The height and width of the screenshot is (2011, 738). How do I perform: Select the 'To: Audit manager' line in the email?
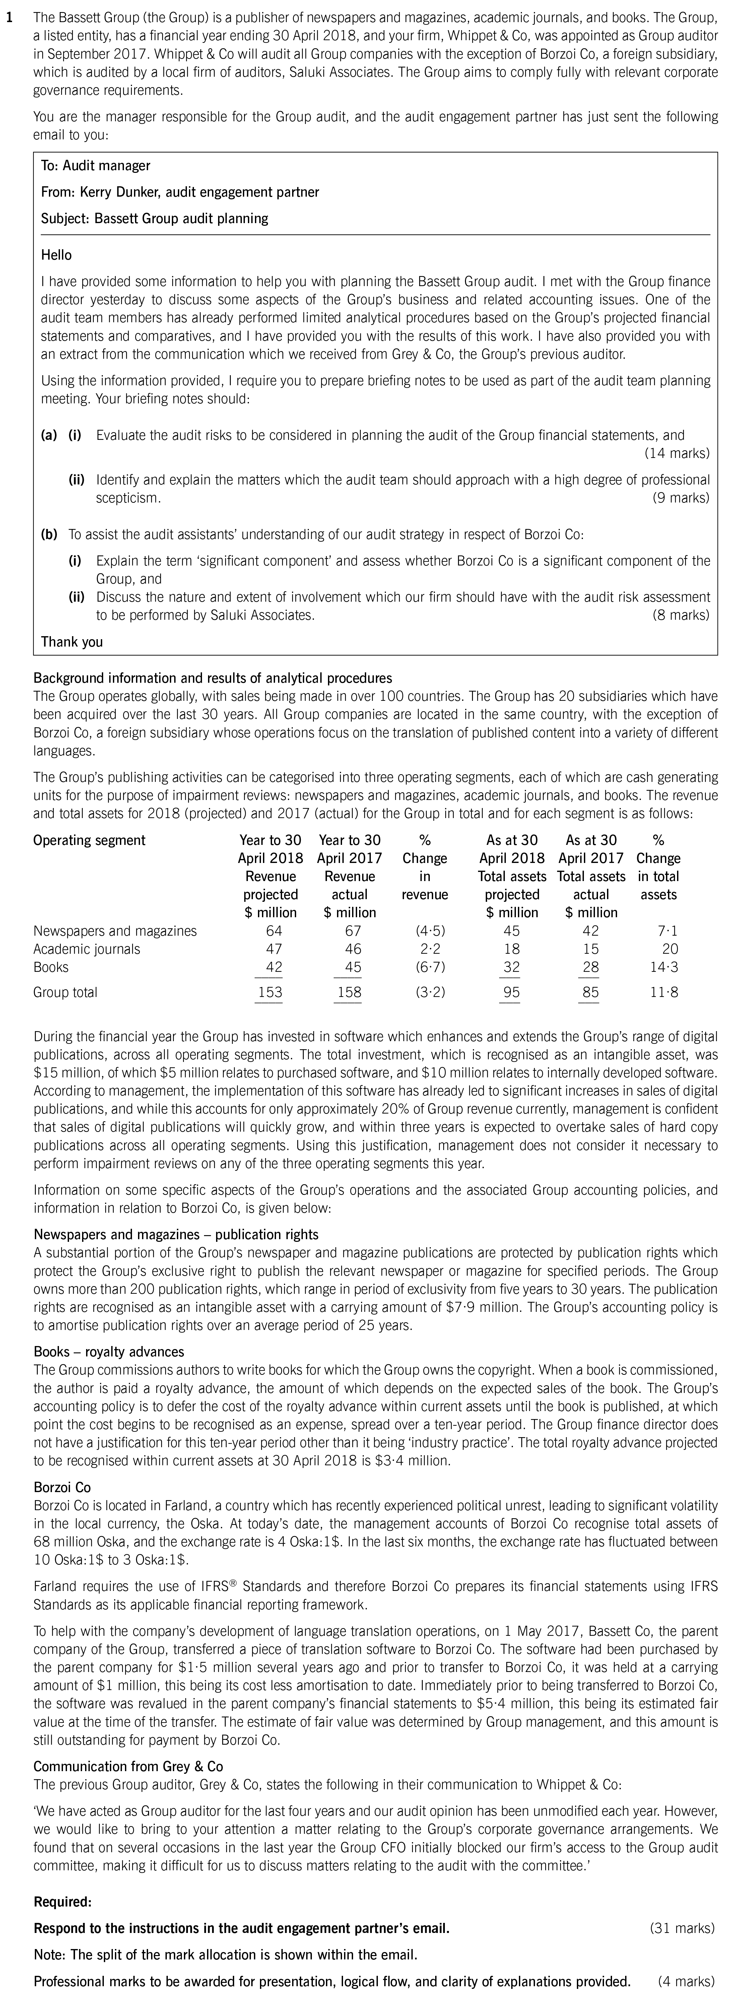point(95,165)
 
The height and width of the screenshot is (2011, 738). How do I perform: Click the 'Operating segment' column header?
point(89,840)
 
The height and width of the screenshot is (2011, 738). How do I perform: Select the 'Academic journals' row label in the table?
point(87,949)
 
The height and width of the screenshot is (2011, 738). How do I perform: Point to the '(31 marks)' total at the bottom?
point(681,1928)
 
